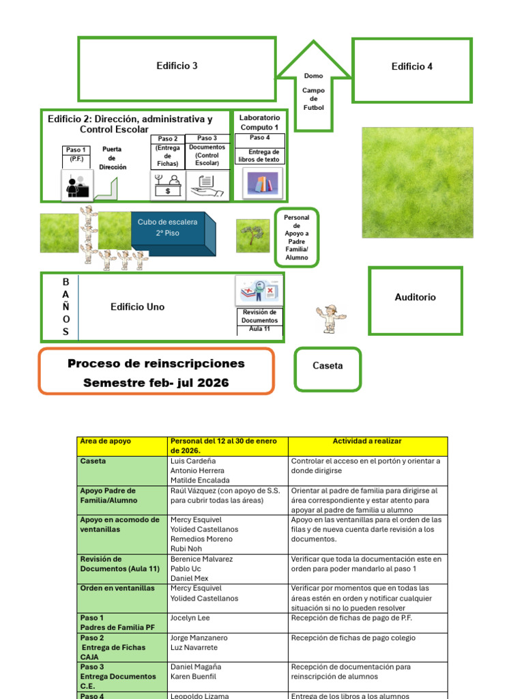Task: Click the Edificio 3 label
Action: coord(177,66)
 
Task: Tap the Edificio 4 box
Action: coord(411,67)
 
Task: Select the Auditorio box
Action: coord(415,298)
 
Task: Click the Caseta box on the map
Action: coord(327,366)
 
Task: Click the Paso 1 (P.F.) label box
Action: coord(76,154)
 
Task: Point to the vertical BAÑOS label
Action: coord(66,306)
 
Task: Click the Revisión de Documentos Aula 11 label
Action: coord(259,320)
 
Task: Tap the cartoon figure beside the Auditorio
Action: coord(331,319)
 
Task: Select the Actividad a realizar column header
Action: coord(368,442)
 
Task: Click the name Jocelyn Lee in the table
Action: coord(190,618)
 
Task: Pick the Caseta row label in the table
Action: coord(93,461)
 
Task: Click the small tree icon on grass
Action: coord(254,236)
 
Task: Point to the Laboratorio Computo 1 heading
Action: coord(259,122)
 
